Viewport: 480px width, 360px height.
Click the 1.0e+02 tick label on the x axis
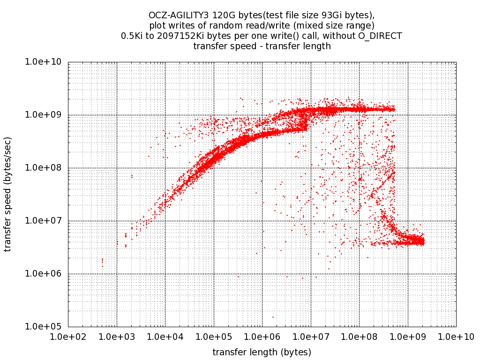[68, 336]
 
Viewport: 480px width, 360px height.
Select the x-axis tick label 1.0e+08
[359, 336]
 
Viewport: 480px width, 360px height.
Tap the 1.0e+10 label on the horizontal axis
[456, 336]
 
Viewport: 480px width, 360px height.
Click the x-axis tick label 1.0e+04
[165, 336]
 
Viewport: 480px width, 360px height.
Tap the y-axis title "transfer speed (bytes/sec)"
[8, 194]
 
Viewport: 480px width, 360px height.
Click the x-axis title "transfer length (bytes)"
[262, 352]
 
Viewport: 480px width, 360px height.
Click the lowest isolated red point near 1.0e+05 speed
[273, 317]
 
